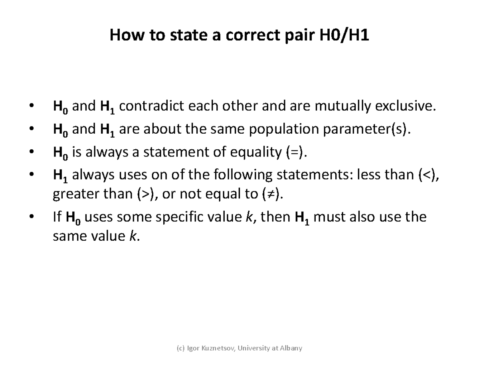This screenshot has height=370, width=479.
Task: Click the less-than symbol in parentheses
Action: click(428, 175)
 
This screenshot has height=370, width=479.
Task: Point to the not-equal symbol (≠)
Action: click(271, 194)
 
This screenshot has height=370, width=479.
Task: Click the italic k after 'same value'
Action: click(133, 236)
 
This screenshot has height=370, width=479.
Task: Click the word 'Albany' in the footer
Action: click(291, 348)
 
